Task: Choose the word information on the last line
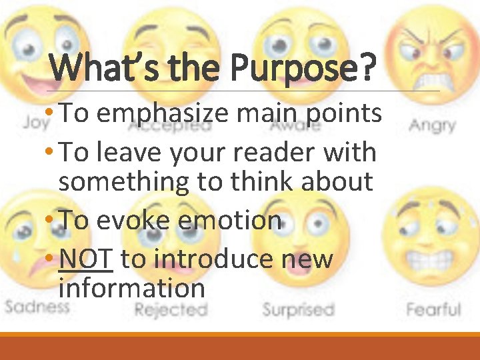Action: tap(131, 288)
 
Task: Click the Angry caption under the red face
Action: tap(432, 125)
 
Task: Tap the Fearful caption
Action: tap(433, 309)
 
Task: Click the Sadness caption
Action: tap(37, 307)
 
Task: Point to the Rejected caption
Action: tap(171, 309)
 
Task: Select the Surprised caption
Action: tap(297, 309)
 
